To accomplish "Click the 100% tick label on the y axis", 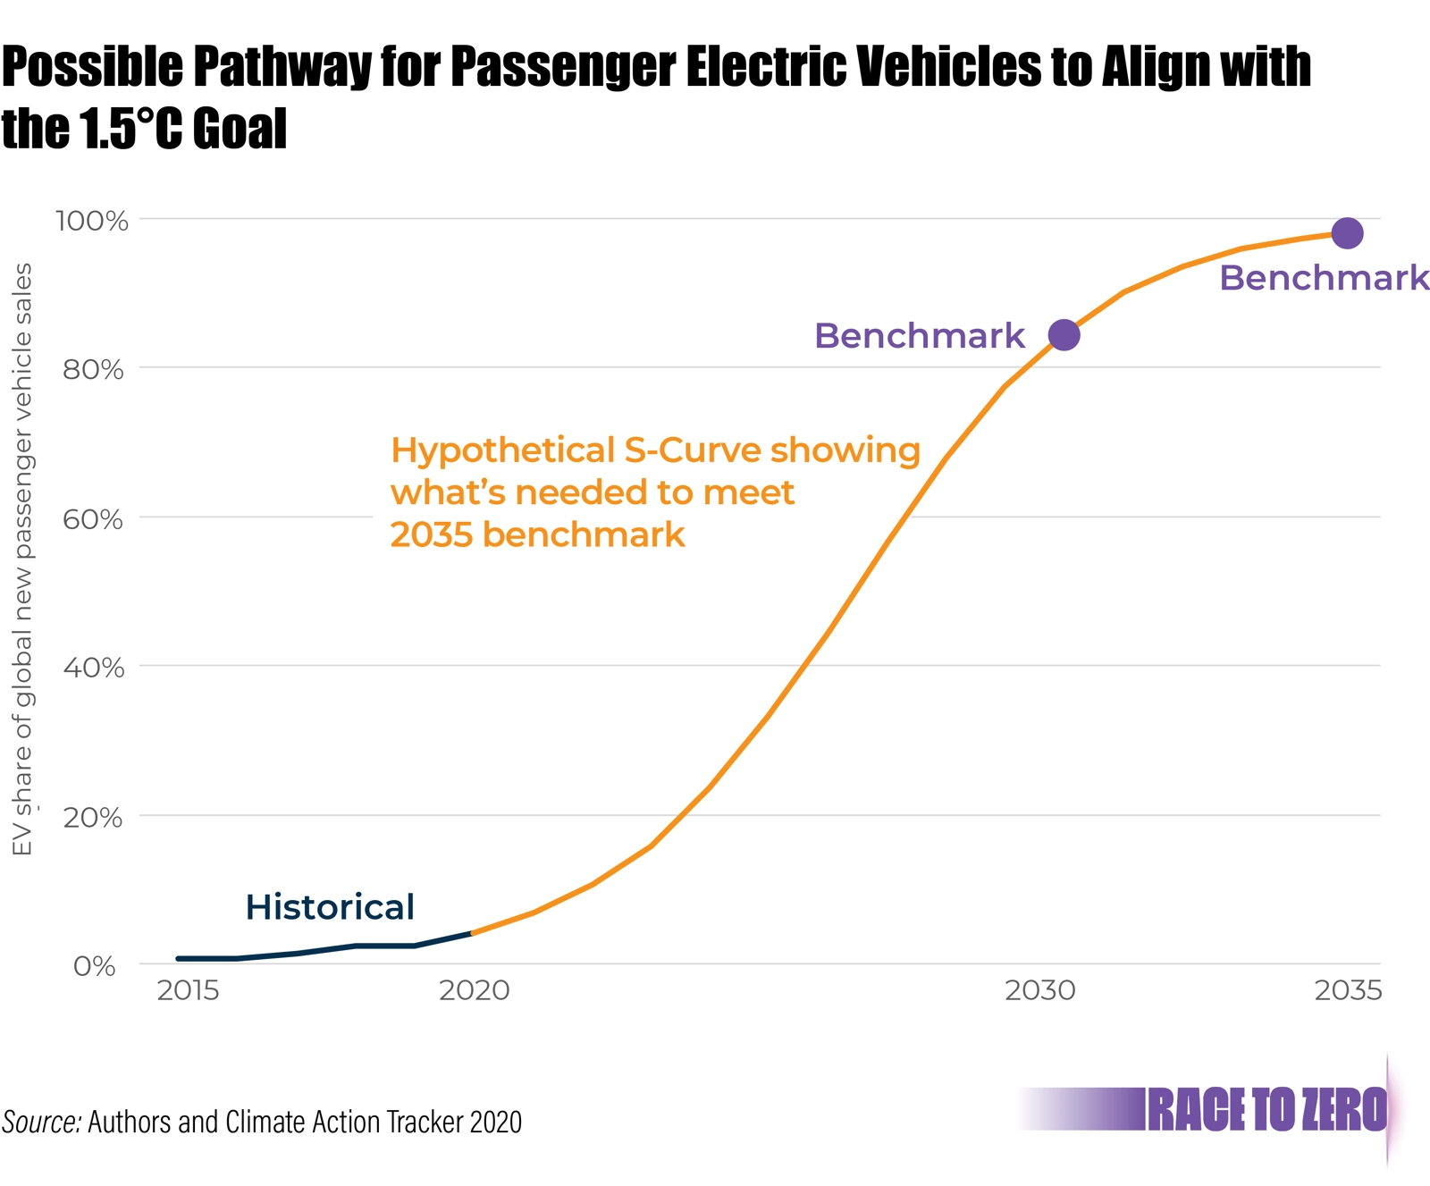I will click(92, 221).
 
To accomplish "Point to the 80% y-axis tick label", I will click(93, 369).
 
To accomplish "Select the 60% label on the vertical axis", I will click(93, 519).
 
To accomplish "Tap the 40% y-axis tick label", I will click(93, 668).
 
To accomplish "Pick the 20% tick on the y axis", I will click(93, 817).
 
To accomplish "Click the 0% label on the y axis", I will click(95, 966).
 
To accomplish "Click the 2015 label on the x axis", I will click(188, 990).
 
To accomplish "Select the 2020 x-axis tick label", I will click(474, 990).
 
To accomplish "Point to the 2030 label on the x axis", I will click(1039, 990).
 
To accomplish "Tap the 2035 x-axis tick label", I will click(1348, 990).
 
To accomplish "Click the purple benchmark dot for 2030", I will click(1064, 335).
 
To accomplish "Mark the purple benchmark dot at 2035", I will click(1347, 233).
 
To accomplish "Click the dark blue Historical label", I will click(330, 907).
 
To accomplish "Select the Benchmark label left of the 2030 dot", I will click(919, 336).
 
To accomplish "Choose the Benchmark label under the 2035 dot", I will click(1324, 278).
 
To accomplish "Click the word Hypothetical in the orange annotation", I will click(501, 450).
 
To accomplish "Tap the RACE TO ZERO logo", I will click(1266, 1110).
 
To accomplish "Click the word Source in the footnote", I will click(41, 1122).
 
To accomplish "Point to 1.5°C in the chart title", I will click(131, 129).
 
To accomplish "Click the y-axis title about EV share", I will click(22, 559).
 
